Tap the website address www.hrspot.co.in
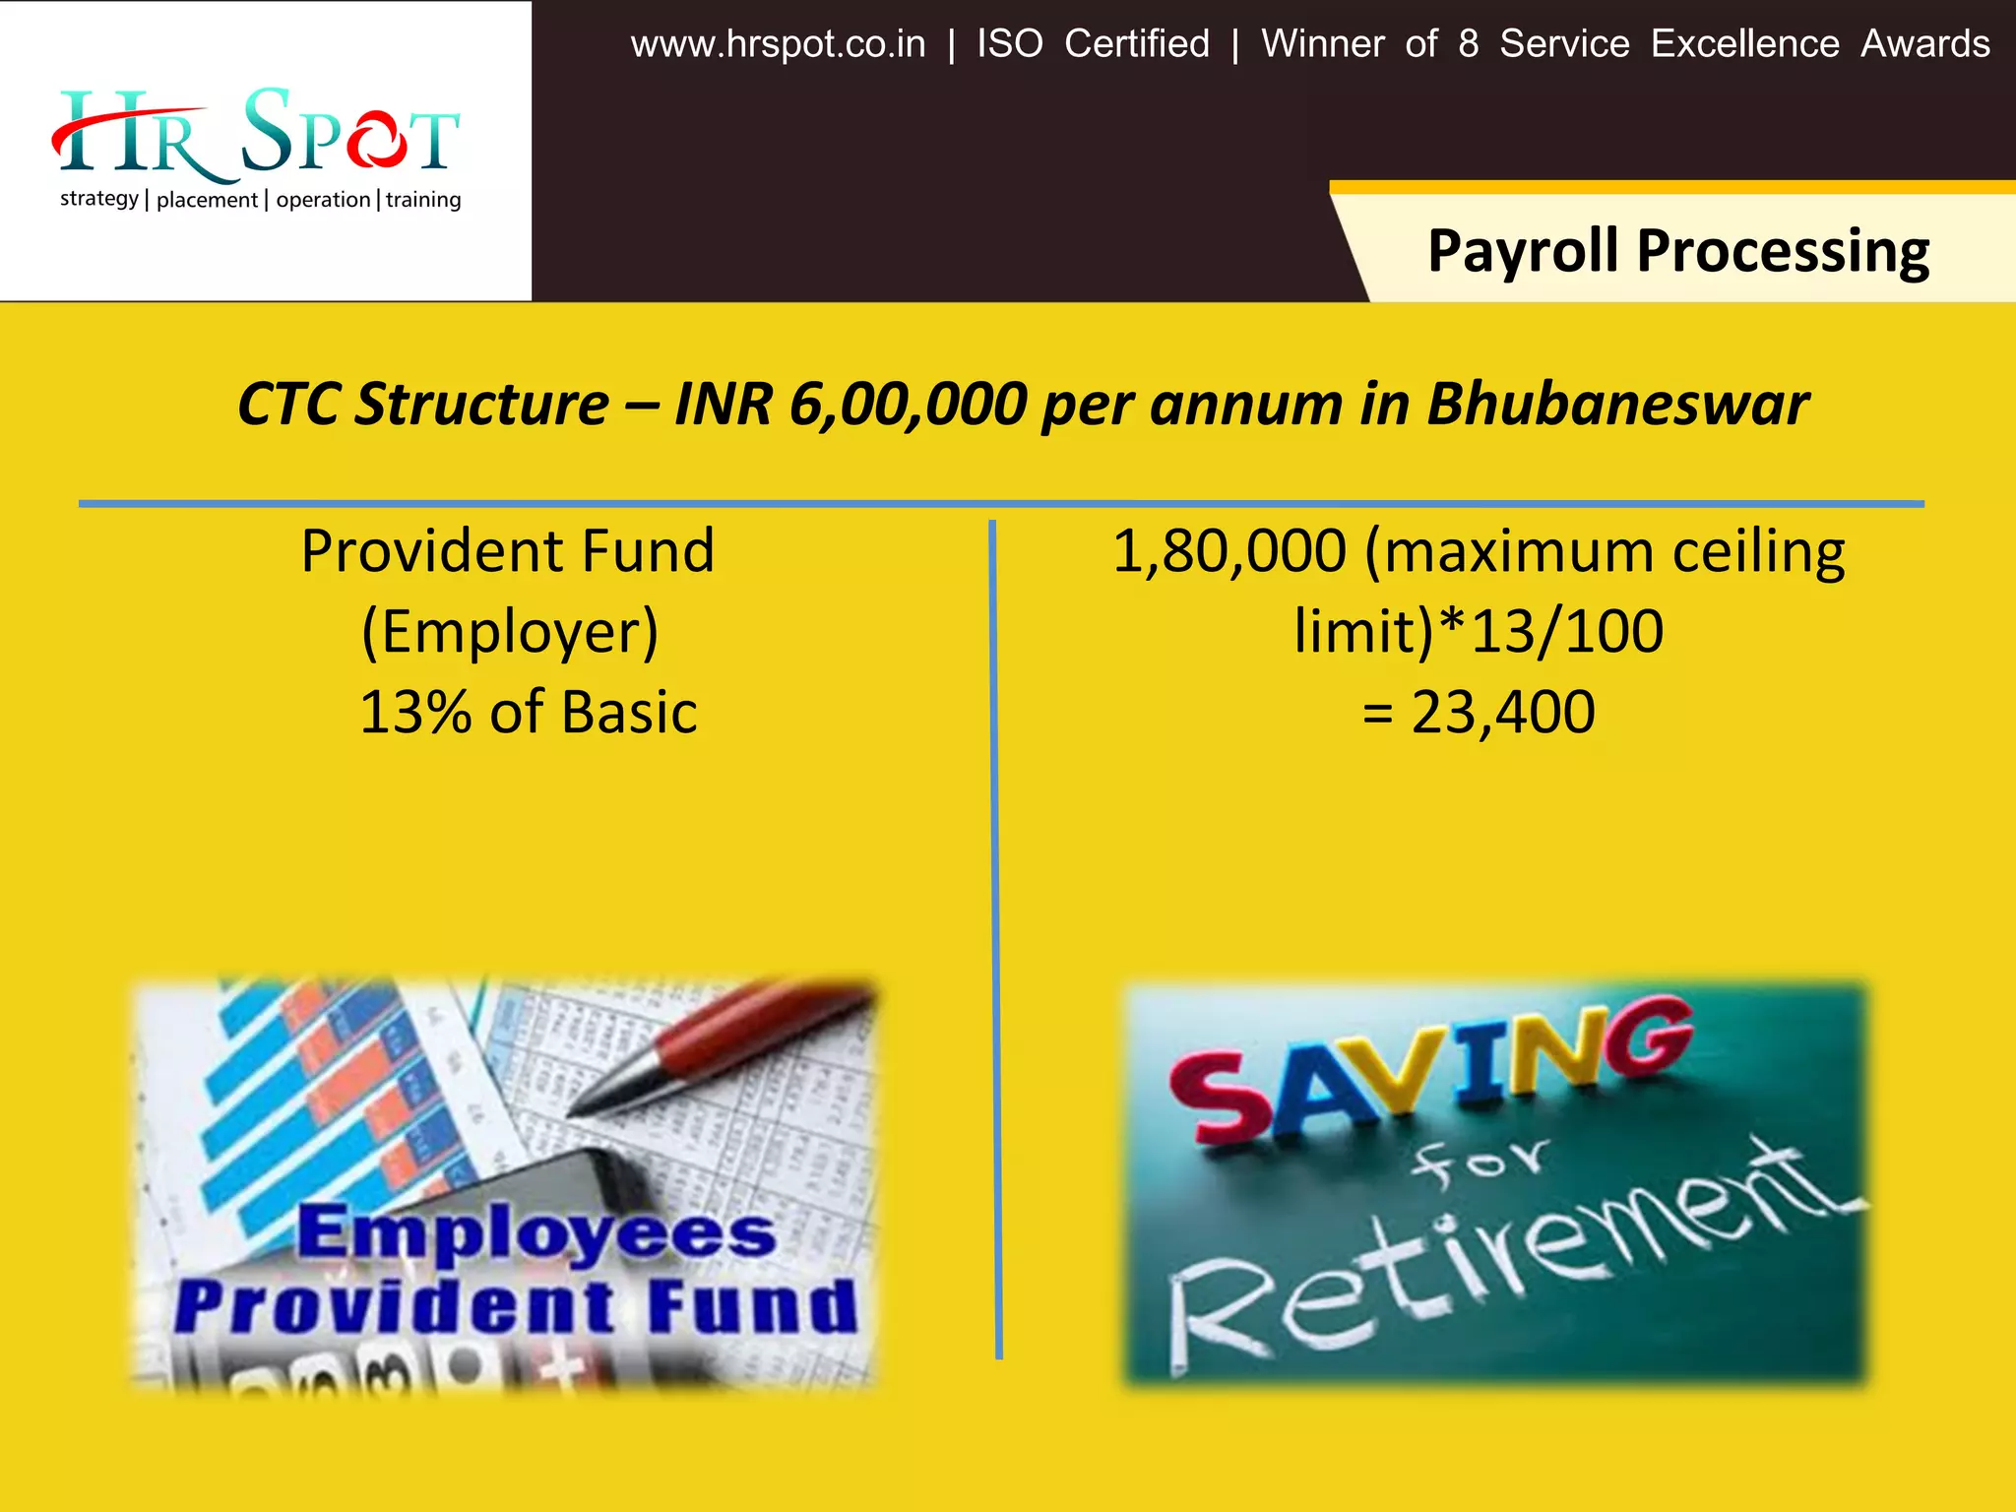[x=778, y=44]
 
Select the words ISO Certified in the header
[x=1093, y=44]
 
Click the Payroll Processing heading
[x=1677, y=250]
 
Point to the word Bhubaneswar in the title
[x=1616, y=404]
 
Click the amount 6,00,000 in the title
[x=908, y=404]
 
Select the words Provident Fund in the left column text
[x=507, y=550]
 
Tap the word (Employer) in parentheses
[x=509, y=631]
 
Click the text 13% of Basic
[x=529, y=712]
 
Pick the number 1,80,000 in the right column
[x=1228, y=550]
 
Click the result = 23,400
[x=1479, y=712]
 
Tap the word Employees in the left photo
[x=536, y=1232]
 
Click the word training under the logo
[x=423, y=200]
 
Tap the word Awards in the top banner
[x=1924, y=44]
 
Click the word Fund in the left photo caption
[x=752, y=1306]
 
